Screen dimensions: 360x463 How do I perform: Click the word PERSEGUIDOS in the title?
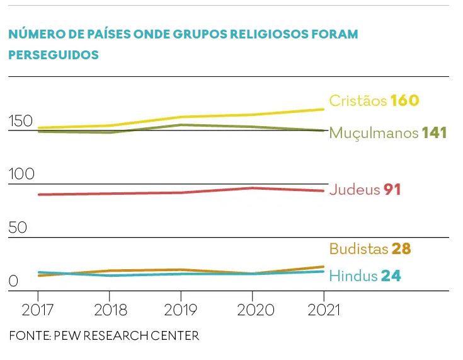[x=54, y=55]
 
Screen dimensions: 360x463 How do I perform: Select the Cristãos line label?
[x=357, y=101]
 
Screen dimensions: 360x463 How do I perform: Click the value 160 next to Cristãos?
[x=404, y=101]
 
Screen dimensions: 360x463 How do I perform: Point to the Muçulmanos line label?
[x=374, y=134]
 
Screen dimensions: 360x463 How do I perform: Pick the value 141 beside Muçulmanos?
[x=435, y=134]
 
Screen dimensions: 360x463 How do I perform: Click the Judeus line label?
[x=354, y=190]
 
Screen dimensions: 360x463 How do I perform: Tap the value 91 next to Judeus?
[x=392, y=190]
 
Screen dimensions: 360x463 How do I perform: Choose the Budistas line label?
[x=358, y=249]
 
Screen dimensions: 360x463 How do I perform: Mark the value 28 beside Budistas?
[x=401, y=249]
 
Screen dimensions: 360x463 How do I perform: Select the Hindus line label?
[x=353, y=276]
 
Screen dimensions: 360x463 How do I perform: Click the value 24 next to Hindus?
[x=391, y=276]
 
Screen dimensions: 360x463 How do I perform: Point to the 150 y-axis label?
[x=20, y=120]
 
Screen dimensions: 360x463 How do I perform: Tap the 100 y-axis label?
[x=21, y=173]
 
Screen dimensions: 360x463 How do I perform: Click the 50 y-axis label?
[x=18, y=227]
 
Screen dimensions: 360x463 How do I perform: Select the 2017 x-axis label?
[x=38, y=310]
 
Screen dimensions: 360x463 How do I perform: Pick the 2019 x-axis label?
[x=181, y=310]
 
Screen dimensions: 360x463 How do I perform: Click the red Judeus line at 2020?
[x=252, y=188]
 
